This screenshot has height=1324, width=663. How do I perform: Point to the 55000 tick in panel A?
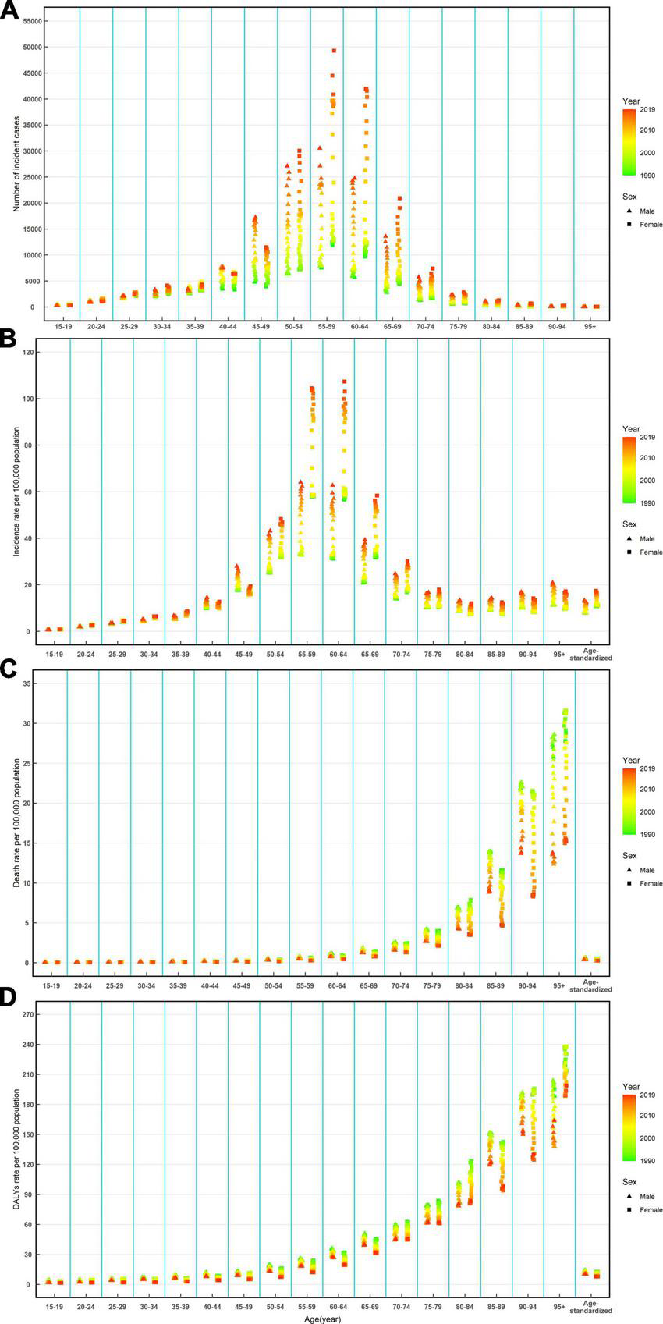[x=31, y=21]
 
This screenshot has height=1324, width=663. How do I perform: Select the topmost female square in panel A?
[x=334, y=51]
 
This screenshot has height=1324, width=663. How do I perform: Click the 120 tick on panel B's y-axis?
[x=30, y=353]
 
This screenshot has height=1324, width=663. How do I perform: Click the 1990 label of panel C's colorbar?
[x=647, y=834]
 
